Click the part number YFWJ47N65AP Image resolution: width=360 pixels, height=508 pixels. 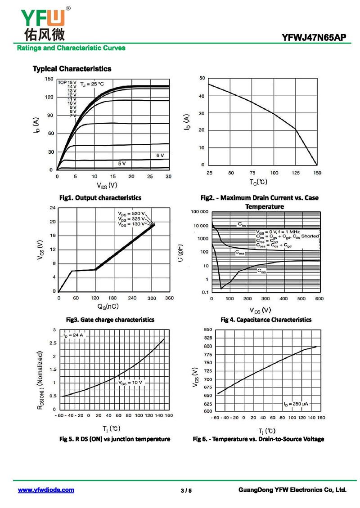point(314,38)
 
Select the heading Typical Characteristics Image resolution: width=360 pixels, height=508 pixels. point(72,69)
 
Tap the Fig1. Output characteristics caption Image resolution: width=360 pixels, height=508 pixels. point(100,198)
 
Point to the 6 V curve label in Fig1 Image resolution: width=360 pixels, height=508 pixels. point(160,155)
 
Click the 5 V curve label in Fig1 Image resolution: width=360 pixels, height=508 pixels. point(122,163)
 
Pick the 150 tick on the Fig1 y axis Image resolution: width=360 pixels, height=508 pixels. point(49,79)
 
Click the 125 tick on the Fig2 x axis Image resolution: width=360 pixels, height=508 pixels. point(296,173)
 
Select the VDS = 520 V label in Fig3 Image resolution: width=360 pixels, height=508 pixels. point(131,213)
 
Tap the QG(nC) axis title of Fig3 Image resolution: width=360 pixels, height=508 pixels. point(108,307)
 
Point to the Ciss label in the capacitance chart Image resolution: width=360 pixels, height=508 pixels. point(242,224)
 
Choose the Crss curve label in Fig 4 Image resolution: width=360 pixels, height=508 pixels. point(262,272)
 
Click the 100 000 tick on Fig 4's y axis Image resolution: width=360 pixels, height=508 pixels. point(199,211)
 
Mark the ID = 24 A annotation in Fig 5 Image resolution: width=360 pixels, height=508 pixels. point(74,335)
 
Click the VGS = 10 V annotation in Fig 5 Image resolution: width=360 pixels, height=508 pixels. point(130,383)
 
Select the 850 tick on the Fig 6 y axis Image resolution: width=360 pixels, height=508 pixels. point(208,330)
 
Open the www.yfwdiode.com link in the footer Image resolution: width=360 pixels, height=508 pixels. point(46,490)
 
